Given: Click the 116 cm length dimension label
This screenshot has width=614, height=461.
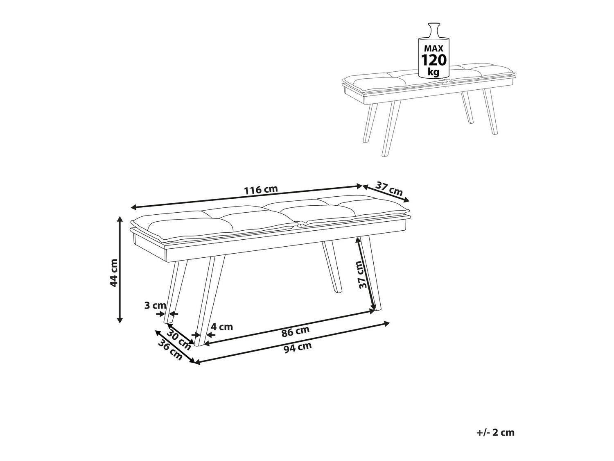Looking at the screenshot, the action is click(261, 189).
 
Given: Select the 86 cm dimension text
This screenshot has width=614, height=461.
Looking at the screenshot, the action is click(296, 331).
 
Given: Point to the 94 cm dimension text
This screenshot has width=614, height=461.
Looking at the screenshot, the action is click(298, 347).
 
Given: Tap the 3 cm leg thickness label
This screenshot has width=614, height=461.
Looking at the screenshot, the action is click(155, 305).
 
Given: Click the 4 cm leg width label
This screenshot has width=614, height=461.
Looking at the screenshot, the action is click(222, 327).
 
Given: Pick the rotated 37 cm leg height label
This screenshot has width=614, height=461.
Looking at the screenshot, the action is click(363, 275).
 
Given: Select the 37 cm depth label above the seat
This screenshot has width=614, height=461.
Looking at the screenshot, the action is click(389, 188).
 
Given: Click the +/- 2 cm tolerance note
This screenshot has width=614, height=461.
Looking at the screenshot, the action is click(495, 432).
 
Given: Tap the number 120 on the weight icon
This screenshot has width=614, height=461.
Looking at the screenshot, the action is click(434, 60).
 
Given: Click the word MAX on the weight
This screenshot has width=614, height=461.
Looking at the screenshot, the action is click(434, 48).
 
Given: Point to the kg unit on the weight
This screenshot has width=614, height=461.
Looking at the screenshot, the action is click(433, 71).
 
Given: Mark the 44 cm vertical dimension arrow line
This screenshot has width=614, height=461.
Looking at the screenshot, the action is click(120, 270).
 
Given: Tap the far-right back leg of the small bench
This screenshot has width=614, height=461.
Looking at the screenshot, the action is click(490, 111).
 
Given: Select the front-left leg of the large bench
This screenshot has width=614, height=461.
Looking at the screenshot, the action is click(210, 300).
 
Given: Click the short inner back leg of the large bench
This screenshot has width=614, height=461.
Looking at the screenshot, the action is click(332, 267).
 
